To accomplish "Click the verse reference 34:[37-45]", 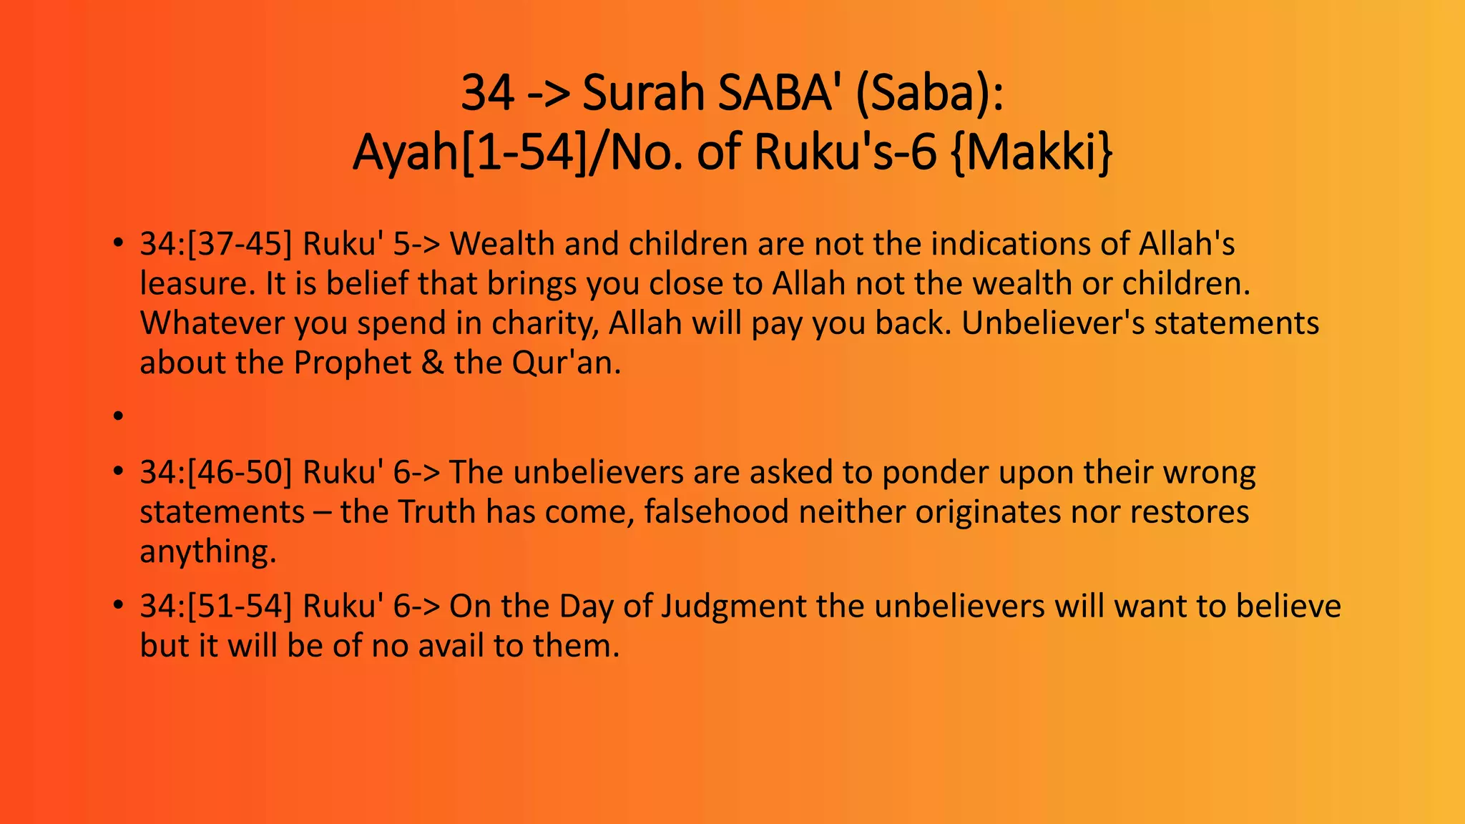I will click(216, 245).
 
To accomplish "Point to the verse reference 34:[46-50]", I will click(216, 473).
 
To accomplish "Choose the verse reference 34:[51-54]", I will click(216, 607).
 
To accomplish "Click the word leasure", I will click(197, 284).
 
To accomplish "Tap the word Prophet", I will click(352, 363).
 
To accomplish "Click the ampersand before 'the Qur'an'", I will click(433, 363).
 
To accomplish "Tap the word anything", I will click(207, 552).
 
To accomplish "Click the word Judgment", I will click(733, 607).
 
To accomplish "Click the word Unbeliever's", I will click(1052, 324).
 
